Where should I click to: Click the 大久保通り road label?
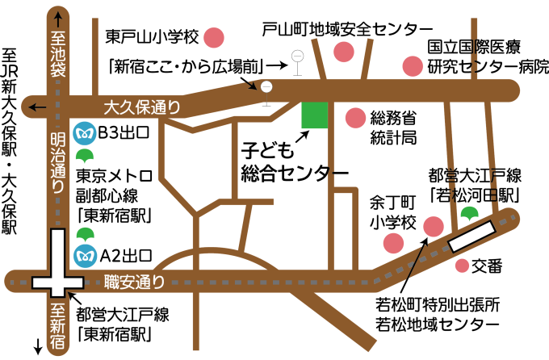pos(142,107)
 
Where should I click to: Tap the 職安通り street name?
pos(135,283)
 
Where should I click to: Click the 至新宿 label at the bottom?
pos(58,327)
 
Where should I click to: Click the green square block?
pos(315,115)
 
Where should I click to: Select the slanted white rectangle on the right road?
pos(472,236)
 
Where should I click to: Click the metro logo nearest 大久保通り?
pos(84,133)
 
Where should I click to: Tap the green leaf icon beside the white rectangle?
pos(469,214)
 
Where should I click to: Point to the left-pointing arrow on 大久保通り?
pos(34,107)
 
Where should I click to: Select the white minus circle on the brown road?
pos(266,87)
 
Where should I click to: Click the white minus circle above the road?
pos(298,56)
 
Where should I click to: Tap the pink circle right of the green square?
pos(355,118)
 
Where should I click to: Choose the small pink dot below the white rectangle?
pos(462,265)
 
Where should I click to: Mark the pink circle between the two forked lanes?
pos(344,52)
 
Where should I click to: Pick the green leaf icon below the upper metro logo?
pos(84,156)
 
